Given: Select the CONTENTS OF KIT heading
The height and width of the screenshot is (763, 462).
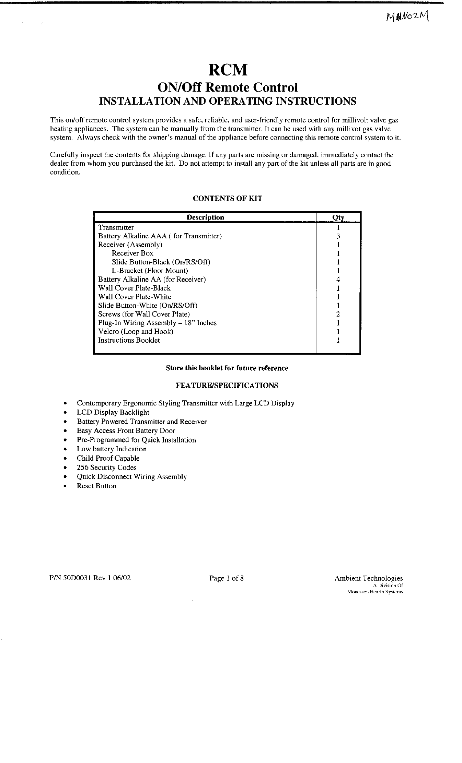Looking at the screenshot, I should [227, 198].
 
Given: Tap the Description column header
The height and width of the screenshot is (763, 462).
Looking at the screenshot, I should [205, 217].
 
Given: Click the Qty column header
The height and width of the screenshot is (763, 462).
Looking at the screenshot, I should [338, 217].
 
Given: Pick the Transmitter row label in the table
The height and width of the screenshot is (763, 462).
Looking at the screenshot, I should [116, 227].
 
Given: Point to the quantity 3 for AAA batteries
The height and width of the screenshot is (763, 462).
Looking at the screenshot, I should [338, 236].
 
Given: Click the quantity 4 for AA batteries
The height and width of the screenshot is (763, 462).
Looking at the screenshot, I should [338, 279].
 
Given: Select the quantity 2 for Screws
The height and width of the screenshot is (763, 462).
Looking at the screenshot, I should [338, 314].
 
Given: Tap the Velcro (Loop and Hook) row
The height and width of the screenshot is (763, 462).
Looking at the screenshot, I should [136, 331].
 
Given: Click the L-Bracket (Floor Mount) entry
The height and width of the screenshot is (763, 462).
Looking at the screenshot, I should [150, 271].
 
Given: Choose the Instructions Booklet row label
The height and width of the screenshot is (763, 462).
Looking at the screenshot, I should [129, 340].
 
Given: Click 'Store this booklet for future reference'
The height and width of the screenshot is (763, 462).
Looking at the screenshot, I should [227, 368].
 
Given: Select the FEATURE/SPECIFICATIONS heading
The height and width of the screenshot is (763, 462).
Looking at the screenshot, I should [227, 385].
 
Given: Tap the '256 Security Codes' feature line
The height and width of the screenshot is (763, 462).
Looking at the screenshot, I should [106, 468].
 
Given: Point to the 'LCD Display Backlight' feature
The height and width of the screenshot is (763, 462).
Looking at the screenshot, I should [113, 412].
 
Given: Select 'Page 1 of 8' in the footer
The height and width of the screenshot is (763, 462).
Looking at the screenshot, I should [226, 578].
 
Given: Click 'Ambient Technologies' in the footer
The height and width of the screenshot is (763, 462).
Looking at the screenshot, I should [368, 578].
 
